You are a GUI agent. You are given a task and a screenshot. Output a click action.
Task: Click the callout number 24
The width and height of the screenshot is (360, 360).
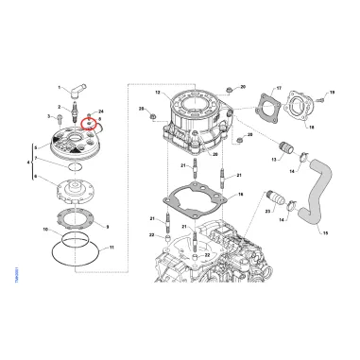pyautogui.click(x=100, y=112)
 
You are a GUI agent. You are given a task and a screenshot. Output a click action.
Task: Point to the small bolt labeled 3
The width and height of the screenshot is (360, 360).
pyautogui.click(x=55, y=116)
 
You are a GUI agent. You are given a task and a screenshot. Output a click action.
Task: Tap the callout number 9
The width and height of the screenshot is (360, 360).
pyautogui.click(x=107, y=227)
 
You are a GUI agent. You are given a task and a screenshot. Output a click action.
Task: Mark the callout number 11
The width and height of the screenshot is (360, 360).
pyautogui.click(x=46, y=229)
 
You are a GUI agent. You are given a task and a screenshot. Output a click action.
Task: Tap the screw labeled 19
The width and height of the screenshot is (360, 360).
pyautogui.click(x=320, y=94)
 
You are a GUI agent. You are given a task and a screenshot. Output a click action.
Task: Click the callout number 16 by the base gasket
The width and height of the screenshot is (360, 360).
pyautogui.click(x=241, y=195)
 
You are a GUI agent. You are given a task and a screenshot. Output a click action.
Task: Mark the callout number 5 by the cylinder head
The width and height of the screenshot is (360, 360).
pyautogui.click(x=34, y=148)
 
